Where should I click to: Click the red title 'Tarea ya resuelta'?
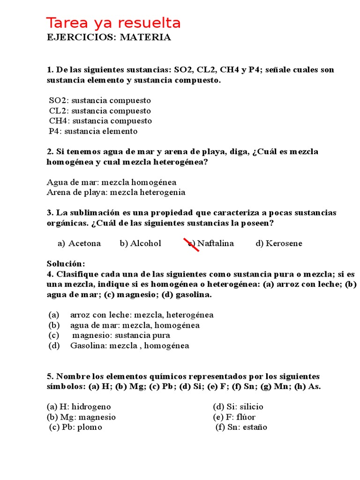(113, 23)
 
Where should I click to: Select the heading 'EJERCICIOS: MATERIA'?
(109, 37)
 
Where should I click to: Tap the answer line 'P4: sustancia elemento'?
(93, 131)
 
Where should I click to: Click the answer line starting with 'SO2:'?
(100, 100)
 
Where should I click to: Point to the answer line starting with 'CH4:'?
(100, 121)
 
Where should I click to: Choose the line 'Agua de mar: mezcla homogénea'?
(112, 182)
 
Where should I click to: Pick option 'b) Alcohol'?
(140, 243)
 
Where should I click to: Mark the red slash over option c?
(193, 244)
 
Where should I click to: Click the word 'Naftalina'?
(215, 243)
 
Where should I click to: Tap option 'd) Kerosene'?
(279, 243)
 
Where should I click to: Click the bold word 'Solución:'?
(66, 264)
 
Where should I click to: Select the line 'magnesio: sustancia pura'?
(121, 336)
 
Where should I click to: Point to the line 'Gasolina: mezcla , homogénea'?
(129, 346)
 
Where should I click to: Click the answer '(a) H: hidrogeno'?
(79, 407)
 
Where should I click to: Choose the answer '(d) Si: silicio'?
(238, 407)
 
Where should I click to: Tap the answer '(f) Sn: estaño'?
(241, 427)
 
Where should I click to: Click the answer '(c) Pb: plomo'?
(75, 427)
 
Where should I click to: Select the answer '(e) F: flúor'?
(234, 417)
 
